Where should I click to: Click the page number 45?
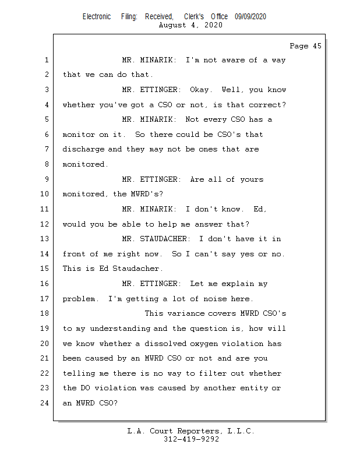tap(317, 46)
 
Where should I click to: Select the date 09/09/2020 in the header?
tap(250, 17)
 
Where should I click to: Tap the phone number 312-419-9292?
tap(191, 439)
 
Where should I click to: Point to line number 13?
tap(44, 239)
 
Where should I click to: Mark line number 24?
tap(44, 403)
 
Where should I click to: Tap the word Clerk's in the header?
tap(194, 17)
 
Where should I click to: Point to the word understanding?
tap(120, 329)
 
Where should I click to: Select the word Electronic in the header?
tap(97, 17)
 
